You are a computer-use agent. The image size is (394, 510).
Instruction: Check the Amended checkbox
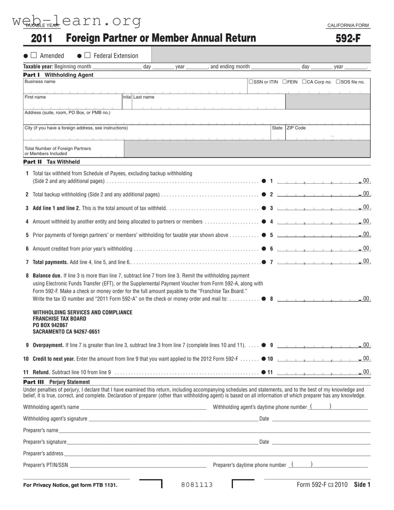[34, 55]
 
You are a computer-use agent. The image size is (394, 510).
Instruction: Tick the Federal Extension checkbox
[87, 55]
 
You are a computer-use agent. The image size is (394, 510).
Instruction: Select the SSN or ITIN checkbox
[251, 82]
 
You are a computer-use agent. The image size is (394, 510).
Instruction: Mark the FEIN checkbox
[284, 82]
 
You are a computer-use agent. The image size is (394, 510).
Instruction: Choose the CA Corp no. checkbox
[304, 82]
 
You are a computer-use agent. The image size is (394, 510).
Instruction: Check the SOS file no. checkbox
[338, 82]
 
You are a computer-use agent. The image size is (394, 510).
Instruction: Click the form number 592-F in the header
[348, 38]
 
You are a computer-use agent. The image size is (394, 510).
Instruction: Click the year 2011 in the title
[42, 38]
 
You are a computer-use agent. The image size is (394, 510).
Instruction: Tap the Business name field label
[40, 81]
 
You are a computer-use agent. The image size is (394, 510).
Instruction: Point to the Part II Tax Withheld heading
[52, 162]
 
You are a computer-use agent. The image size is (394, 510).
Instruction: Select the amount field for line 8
[319, 299]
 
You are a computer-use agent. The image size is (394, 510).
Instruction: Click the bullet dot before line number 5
[264, 235]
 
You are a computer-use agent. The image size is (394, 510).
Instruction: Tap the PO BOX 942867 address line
[50, 325]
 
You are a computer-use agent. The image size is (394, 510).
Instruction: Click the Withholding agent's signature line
[173, 419]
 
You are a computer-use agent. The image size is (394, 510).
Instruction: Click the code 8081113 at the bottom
[197, 485]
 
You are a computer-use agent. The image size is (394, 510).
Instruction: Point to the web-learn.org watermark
[76, 21]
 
